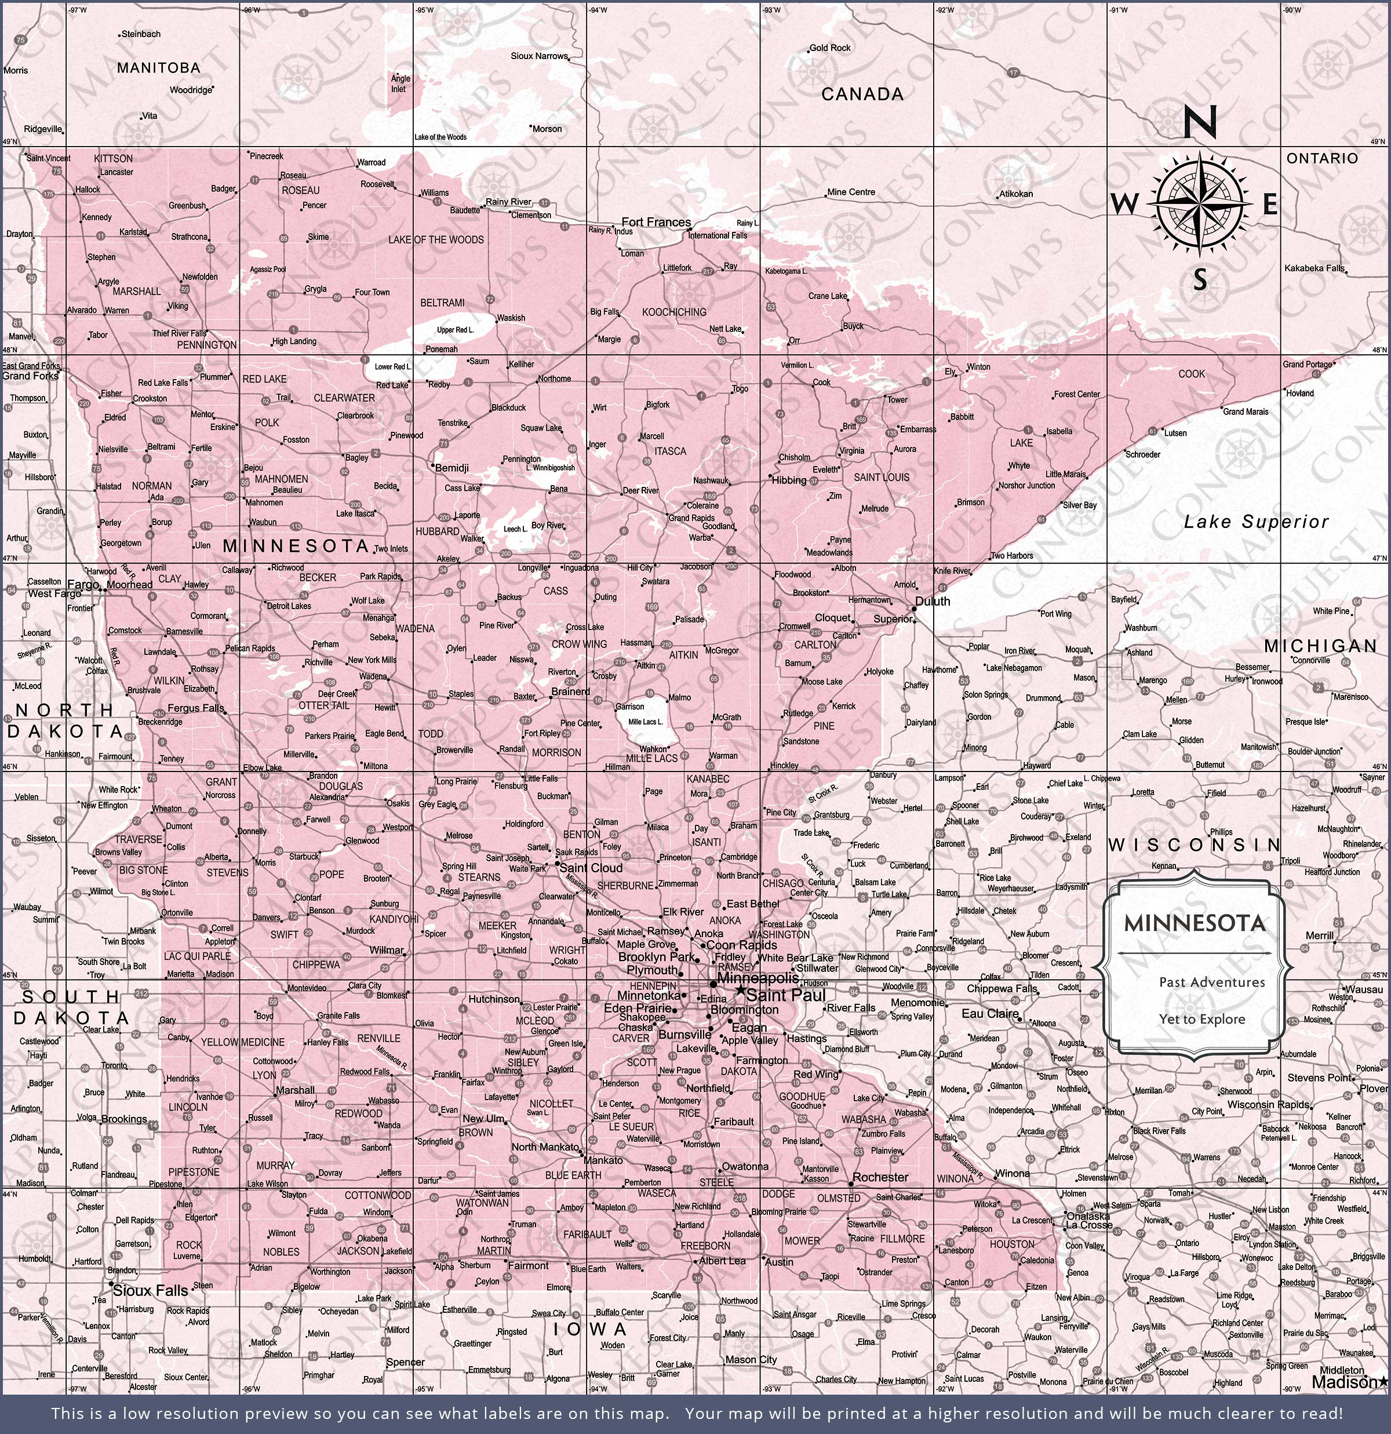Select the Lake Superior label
[x=1255, y=522]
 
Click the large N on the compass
[x=1199, y=122]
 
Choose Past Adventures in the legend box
[x=1212, y=982]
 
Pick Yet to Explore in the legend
[x=1201, y=1019]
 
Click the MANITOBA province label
[x=158, y=68]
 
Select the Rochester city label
[x=880, y=1177]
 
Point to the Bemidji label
[x=451, y=468]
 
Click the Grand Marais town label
[x=1246, y=412]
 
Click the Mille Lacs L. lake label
[x=646, y=722]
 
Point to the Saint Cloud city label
[x=591, y=868]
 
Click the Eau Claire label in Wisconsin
[x=990, y=1014]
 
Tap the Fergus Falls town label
[x=195, y=708]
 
